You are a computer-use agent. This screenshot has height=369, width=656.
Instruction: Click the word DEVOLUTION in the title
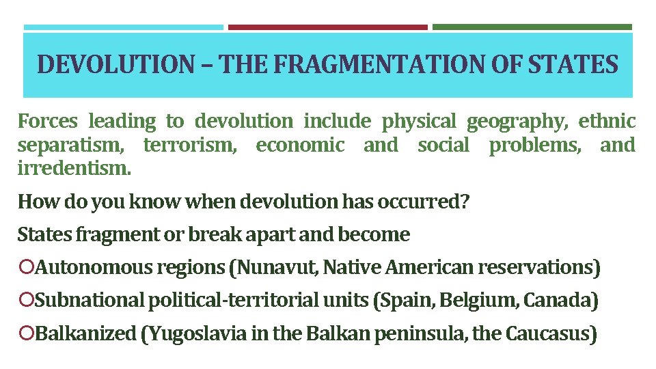point(115,65)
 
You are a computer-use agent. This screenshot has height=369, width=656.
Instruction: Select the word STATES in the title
point(573,65)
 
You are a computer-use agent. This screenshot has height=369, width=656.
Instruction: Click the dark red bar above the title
point(327,27)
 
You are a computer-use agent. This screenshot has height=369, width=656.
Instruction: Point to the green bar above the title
point(532,27)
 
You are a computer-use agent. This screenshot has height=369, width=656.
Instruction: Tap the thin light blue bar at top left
point(124,27)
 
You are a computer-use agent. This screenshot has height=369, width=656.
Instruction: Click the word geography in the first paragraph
point(517,122)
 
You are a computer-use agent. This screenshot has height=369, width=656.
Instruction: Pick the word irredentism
point(73,167)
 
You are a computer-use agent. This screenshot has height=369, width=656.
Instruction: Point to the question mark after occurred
point(465,202)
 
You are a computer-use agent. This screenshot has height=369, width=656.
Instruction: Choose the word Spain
point(407,300)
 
